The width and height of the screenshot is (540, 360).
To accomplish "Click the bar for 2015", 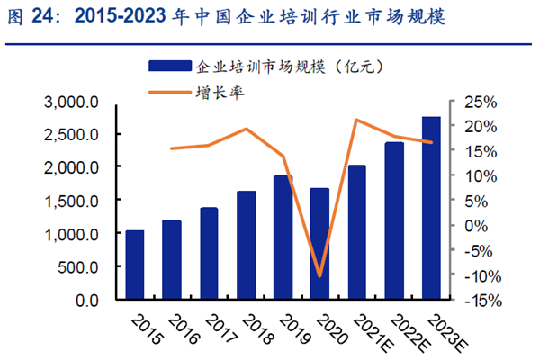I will pos(135,265).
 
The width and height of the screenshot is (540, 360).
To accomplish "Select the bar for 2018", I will pos(246,245).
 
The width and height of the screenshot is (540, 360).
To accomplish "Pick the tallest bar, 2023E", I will pos(431,209).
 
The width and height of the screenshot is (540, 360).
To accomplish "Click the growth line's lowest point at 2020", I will pos(320,275).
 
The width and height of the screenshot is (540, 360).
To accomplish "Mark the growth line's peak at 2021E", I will pos(357,120).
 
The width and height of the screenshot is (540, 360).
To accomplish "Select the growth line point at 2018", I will pos(246,129).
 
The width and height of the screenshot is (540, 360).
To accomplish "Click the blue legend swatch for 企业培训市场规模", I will pos(168,66).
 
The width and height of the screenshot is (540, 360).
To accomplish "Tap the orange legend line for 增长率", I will pos(168,91).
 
